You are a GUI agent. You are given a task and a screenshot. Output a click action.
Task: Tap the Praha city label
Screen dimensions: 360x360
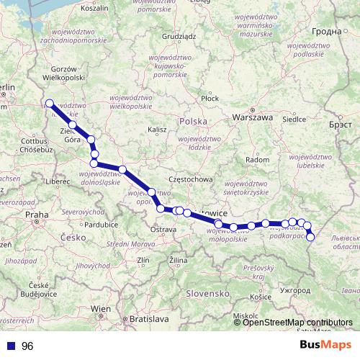[x=35, y=214]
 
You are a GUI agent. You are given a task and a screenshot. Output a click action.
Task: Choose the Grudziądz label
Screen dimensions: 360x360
[x=180, y=35]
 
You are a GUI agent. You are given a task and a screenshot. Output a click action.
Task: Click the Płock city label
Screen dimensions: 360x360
[x=210, y=98]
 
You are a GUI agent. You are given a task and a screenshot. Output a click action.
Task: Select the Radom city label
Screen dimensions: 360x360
[x=257, y=159]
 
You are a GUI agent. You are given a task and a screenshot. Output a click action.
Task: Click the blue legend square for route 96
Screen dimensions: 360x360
[x=11, y=346]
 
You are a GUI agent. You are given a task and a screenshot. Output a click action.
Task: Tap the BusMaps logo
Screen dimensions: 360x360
[x=326, y=345]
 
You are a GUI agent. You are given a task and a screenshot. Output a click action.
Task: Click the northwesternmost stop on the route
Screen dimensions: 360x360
[x=50, y=104]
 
